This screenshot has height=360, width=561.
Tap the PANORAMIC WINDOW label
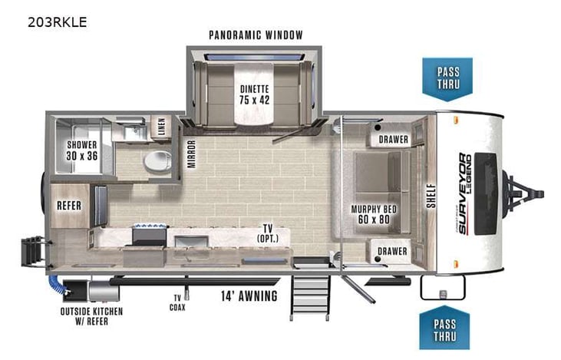256,35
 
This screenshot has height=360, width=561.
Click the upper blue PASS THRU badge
448,78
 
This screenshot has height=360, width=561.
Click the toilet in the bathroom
158,162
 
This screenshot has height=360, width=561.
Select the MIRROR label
191,154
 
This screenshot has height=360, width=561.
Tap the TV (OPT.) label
268,233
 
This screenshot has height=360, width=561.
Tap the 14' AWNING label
249,296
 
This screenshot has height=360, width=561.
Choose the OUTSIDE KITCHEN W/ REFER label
84,317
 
